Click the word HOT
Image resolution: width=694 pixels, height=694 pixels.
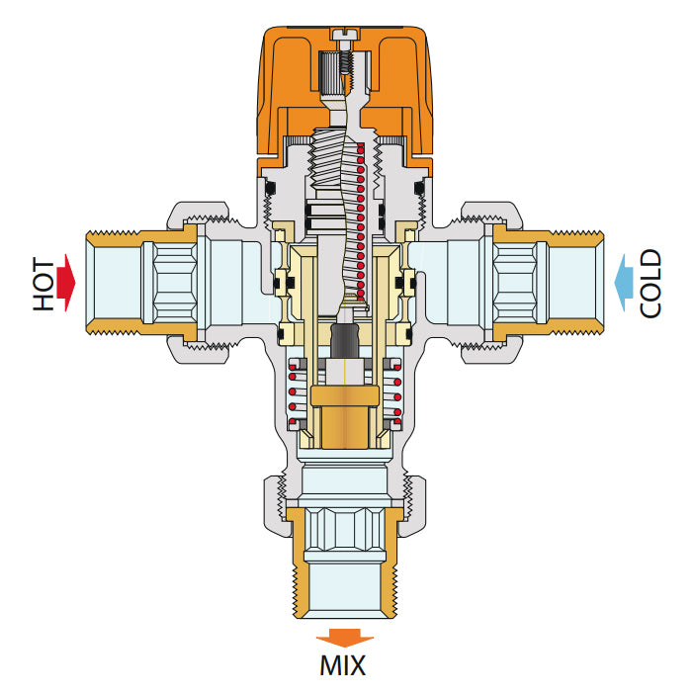click(x=43, y=284)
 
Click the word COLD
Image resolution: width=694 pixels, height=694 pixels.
click(x=651, y=284)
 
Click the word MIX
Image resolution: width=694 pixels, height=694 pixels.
click(x=343, y=664)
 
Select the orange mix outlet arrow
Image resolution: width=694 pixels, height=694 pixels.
click(x=345, y=638)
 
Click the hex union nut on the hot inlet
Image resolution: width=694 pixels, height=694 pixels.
click(x=199, y=283)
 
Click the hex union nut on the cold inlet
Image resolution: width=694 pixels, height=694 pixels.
click(x=491, y=283)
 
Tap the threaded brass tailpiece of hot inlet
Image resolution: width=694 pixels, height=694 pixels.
click(x=141, y=283)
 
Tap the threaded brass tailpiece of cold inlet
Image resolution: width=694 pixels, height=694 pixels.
click(x=549, y=283)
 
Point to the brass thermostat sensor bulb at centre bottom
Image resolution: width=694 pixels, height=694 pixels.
click(x=345, y=418)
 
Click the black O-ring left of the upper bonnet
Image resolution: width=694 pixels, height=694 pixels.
click(x=270, y=189)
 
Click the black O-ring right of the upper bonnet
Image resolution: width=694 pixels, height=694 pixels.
click(x=419, y=189)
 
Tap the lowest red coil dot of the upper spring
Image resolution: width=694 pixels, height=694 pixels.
click(x=361, y=293)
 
